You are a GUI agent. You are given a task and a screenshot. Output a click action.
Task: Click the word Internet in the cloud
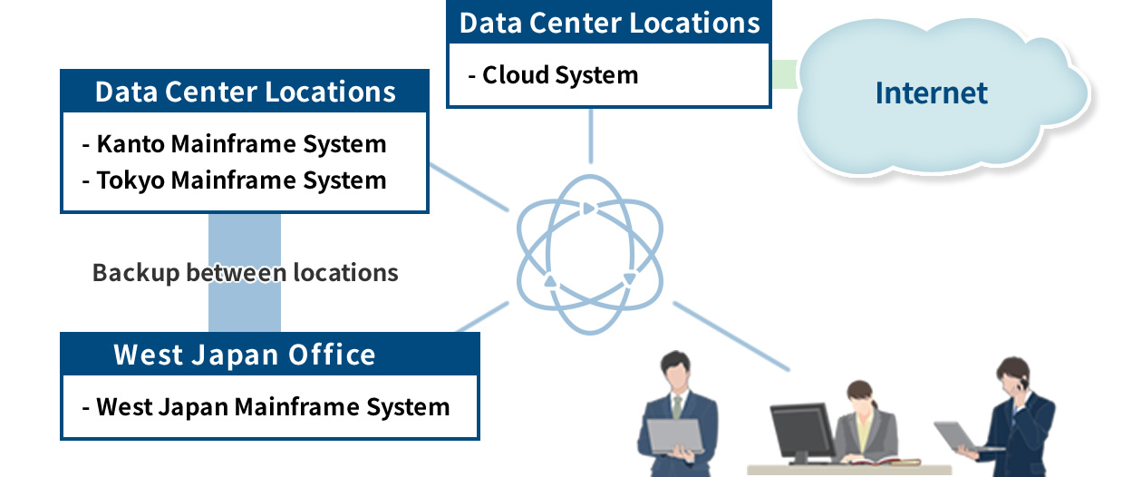(x=932, y=92)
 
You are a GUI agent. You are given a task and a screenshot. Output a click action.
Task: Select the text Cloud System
(x=560, y=75)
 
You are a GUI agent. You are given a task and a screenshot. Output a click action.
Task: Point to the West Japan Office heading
(x=245, y=355)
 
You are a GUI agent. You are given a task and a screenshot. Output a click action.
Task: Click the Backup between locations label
(x=246, y=273)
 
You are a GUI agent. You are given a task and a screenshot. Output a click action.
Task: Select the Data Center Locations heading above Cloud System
(x=610, y=23)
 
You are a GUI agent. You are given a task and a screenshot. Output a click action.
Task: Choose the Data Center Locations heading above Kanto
(x=246, y=92)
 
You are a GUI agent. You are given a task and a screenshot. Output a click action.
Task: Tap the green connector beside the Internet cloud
(x=785, y=74)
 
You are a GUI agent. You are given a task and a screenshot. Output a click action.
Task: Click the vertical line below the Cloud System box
(x=591, y=136)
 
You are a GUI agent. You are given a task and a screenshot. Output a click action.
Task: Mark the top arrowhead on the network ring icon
(x=589, y=209)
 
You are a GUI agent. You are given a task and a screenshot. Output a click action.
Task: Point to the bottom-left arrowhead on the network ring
(x=550, y=280)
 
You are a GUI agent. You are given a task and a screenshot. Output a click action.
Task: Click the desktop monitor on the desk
(x=801, y=432)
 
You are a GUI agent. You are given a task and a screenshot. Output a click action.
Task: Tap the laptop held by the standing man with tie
(x=675, y=436)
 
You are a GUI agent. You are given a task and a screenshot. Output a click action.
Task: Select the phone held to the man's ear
(x=1022, y=382)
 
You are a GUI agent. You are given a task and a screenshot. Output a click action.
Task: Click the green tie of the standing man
(x=677, y=407)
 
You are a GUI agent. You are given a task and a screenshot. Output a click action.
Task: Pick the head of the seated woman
(x=860, y=396)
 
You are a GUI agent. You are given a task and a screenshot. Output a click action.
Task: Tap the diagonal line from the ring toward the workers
(x=731, y=336)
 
